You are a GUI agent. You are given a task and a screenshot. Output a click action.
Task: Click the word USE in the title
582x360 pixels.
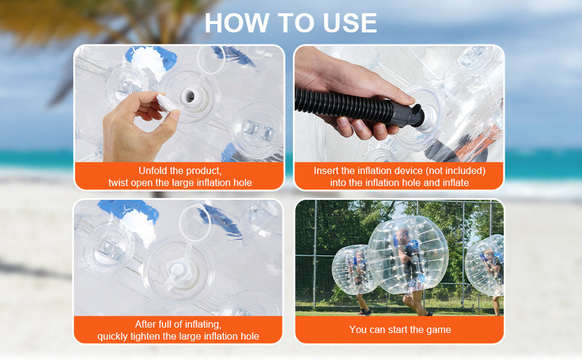point(346,22)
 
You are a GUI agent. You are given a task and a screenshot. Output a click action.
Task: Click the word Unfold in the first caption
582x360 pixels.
point(154,170)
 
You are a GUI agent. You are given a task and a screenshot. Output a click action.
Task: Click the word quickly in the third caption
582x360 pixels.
point(114,336)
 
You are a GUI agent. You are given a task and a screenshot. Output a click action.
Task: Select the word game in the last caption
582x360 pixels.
point(438,329)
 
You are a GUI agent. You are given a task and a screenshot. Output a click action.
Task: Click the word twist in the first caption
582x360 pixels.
point(119,182)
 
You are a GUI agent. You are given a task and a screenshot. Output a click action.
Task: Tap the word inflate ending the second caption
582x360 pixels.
point(454,182)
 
